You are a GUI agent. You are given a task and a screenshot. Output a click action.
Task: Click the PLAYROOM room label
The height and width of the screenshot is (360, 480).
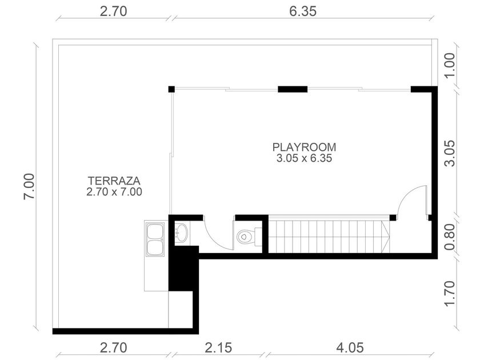click(x=304, y=147)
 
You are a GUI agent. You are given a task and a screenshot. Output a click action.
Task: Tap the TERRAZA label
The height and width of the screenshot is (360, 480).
click(x=114, y=181)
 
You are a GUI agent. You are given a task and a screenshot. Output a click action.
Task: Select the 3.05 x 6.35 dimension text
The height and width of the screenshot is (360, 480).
click(x=304, y=159)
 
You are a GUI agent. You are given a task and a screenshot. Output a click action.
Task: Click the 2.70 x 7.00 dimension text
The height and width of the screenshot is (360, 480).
click(x=114, y=192)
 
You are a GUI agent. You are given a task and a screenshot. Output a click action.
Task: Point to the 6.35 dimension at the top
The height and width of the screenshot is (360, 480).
click(x=303, y=11)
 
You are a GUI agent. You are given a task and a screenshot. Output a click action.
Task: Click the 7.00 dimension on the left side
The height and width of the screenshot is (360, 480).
click(x=30, y=187)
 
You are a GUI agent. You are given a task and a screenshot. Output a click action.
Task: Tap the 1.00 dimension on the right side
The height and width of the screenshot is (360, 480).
click(x=449, y=66)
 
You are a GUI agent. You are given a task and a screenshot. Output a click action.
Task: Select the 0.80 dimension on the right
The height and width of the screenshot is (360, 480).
click(x=449, y=237)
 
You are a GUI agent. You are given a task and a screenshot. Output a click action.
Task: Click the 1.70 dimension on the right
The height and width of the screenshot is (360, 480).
click(x=449, y=293)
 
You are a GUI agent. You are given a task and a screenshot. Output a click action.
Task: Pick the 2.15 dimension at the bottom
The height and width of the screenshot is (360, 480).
click(x=218, y=348)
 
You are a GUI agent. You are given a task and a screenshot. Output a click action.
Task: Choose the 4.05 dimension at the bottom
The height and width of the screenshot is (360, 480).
click(x=350, y=348)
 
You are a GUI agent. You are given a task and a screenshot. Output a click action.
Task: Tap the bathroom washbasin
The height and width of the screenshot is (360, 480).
click(x=181, y=233)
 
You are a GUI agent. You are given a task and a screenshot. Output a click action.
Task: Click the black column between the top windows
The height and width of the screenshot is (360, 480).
click(x=293, y=89)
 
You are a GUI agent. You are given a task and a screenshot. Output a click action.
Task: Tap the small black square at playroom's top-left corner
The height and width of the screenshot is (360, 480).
click(x=171, y=89)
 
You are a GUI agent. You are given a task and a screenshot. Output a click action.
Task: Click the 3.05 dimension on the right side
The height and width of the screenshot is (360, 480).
click(x=449, y=153)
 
